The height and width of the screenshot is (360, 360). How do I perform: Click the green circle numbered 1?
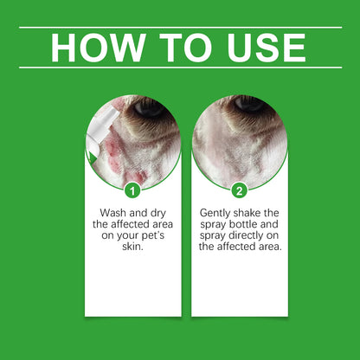pyautogui.click(x=132, y=189)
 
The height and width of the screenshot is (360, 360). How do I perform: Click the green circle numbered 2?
pyautogui.click(x=240, y=189)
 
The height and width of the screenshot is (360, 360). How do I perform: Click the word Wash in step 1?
pyautogui.click(x=108, y=211)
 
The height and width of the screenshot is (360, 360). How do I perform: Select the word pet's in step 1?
pyautogui.click(x=158, y=234)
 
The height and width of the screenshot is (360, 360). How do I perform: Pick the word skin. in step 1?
pyautogui.click(x=132, y=245)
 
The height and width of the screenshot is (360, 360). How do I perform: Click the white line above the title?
pyautogui.click(x=180, y=27)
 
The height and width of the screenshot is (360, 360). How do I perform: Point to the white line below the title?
pyautogui.click(x=180, y=67)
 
